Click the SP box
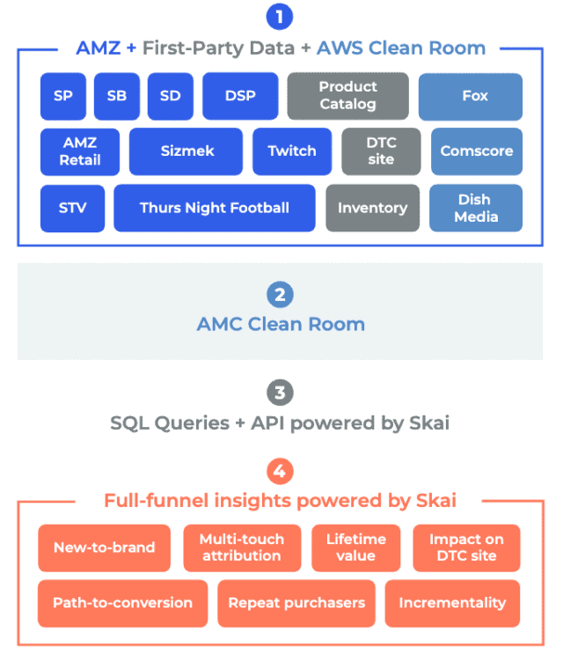click(63, 96)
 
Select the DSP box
click(240, 96)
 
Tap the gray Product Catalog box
click(347, 96)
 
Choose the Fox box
click(474, 96)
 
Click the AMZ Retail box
click(80, 151)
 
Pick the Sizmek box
click(186, 151)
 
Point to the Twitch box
click(292, 151)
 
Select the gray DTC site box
click(381, 151)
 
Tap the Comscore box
click(476, 151)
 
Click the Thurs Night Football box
click(214, 208)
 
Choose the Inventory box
click(372, 208)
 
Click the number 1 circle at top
click(280, 17)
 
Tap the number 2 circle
click(280, 295)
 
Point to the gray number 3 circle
click(280, 392)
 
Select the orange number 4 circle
click(280, 471)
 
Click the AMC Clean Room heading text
click(280, 324)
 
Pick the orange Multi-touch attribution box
click(241, 548)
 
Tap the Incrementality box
click(452, 603)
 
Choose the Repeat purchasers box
click(296, 603)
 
